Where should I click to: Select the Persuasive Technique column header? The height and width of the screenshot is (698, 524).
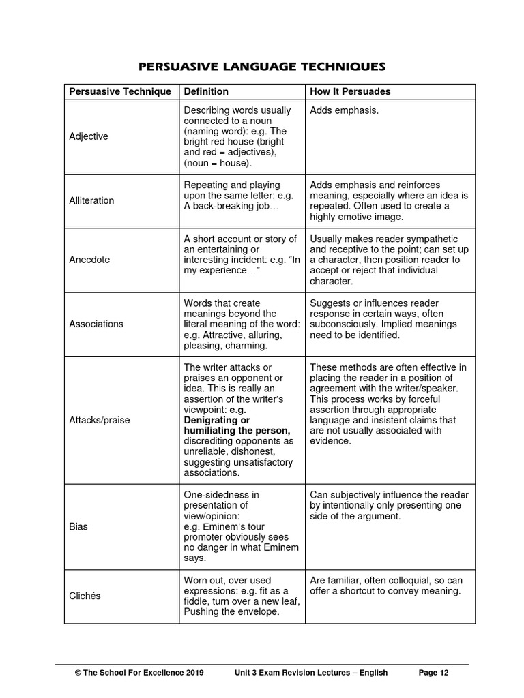click(x=120, y=91)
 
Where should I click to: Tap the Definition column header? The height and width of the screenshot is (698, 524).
click(x=206, y=91)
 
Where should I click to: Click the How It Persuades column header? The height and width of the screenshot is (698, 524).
click(x=350, y=91)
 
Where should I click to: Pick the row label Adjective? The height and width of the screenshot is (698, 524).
click(x=89, y=136)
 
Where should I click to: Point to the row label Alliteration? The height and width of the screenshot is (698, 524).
click(x=91, y=200)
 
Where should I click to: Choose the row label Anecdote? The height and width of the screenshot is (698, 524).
click(x=89, y=260)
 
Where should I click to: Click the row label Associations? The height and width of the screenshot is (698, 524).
click(x=96, y=324)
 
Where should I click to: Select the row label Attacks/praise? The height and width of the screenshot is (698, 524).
click(x=99, y=420)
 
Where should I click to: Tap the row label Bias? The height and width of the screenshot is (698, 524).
click(x=78, y=527)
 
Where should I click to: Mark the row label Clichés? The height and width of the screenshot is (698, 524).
click(x=85, y=596)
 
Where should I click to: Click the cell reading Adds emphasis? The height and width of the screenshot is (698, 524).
click(x=344, y=110)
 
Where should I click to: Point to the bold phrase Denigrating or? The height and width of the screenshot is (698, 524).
click(x=217, y=420)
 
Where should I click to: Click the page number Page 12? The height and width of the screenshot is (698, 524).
click(x=433, y=673)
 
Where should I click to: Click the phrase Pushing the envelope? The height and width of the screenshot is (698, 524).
click(x=222, y=611)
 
